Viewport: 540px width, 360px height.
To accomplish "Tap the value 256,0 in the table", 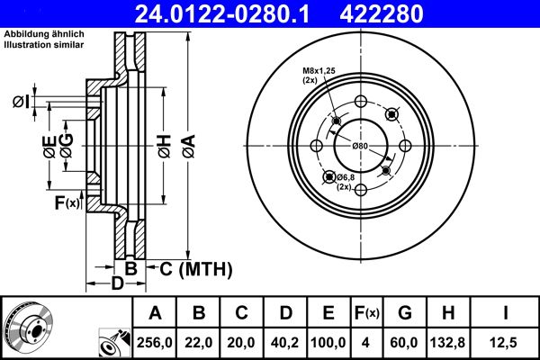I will (x=155, y=341).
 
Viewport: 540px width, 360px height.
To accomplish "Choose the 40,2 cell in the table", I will (x=285, y=341).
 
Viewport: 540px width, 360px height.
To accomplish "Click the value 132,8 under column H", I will (x=447, y=341).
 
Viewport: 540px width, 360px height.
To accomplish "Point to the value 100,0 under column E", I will (x=328, y=341).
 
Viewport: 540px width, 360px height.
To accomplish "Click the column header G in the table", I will (x=404, y=313).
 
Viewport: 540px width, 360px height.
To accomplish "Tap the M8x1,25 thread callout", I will (x=319, y=72).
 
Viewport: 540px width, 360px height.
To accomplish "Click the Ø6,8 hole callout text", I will (x=345, y=177).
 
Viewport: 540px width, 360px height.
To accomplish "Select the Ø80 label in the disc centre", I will (x=360, y=145).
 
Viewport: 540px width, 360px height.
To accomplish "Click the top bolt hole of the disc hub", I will (x=360, y=101).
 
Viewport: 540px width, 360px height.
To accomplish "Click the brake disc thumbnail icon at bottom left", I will (x=28, y=327).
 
